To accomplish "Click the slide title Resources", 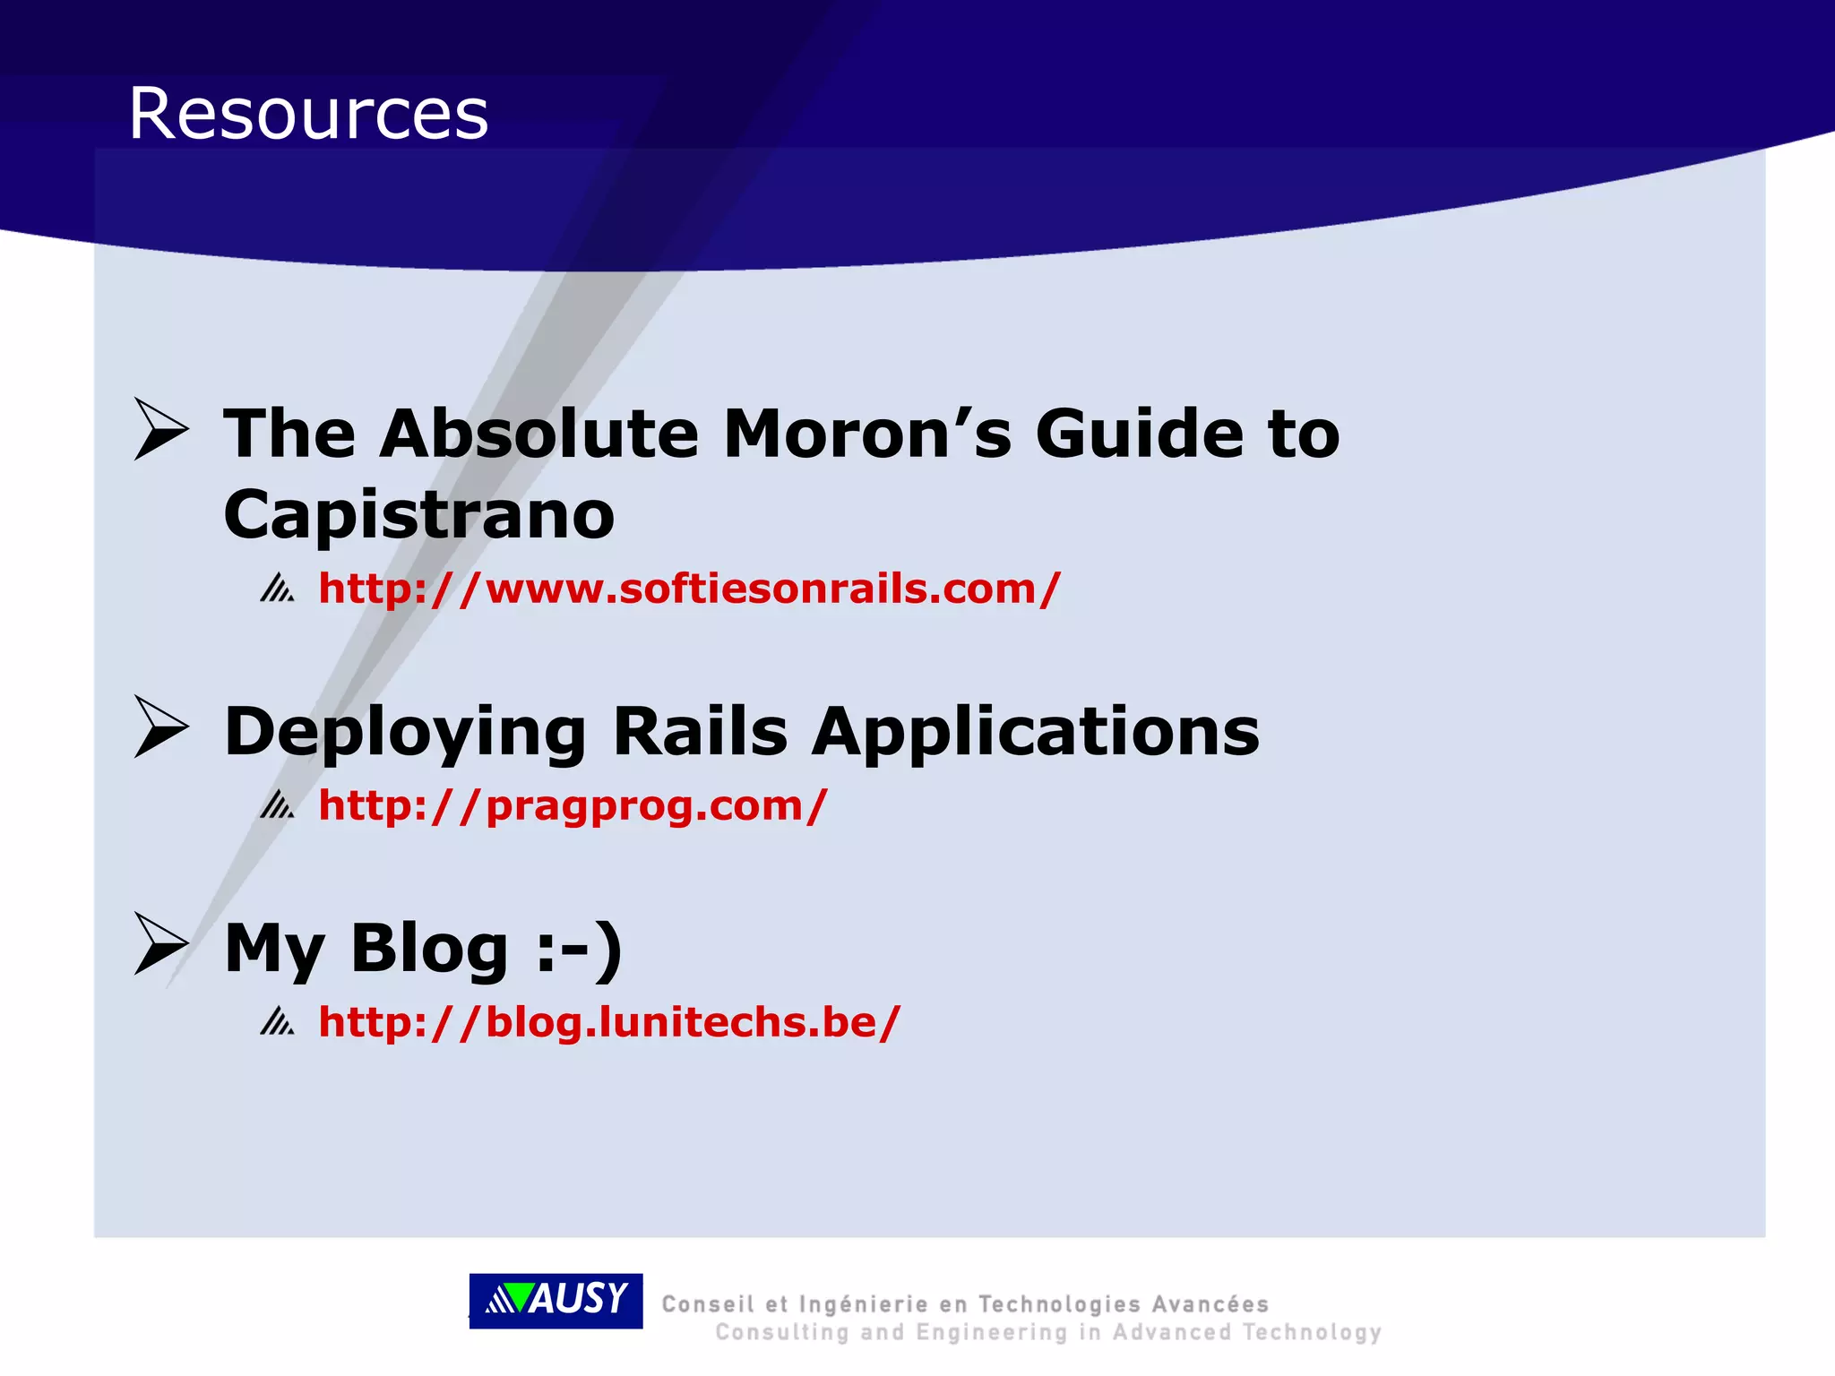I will (x=308, y=114).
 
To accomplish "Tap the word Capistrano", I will (x=419, y=515).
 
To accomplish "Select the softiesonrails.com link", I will (x=689, y=589).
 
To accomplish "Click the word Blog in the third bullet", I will (x=429, y=948).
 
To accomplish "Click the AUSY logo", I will (x=556, y=1300).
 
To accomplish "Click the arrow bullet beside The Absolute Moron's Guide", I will (x=161, y=429).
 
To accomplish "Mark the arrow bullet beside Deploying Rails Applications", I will (x=161, y=727).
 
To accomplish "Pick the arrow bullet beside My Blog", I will (x=161, y=943).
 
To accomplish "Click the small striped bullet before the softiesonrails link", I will (x=277, y=589).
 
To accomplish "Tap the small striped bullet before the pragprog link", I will (x=277, y=805).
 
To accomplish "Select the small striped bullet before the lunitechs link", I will (x=277, y=1021).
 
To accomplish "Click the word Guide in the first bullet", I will (x=1138, y=434).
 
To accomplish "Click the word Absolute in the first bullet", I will (x=538, y=434).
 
